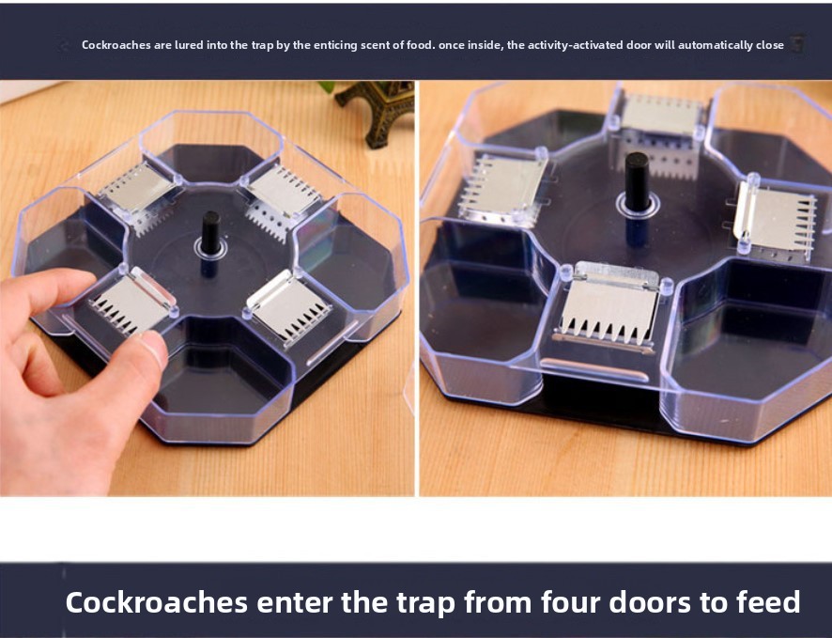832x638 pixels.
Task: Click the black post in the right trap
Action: tap(637, 181)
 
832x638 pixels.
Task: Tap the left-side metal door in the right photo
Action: tap(501, 189)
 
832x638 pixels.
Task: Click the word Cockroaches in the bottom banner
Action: tap(157, 602)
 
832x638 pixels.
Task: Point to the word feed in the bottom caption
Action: tap(768, 602)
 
